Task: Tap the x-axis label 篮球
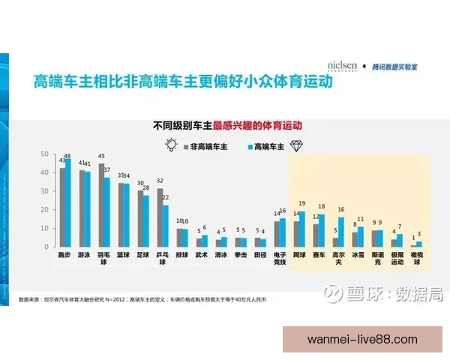(124, 256)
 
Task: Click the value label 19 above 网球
(302, 203)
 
